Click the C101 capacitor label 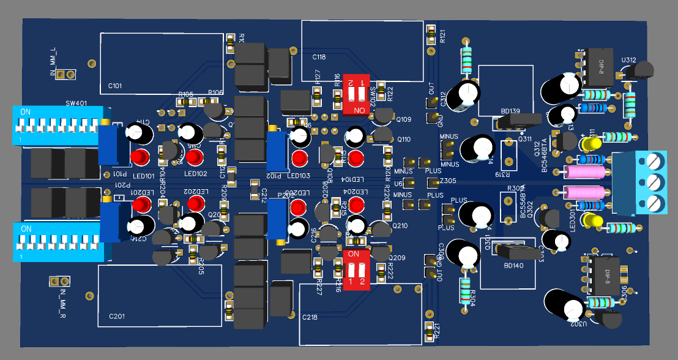pos(115,86)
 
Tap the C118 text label pos(318,57)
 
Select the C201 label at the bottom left pos(116,316)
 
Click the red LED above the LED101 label pos(140,157)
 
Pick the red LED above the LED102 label pos(195,157)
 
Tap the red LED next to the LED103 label pos(299,159)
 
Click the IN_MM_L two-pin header pos(65,74)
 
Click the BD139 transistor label pos(510,111)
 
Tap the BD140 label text pos(510,266)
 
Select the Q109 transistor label pos(404,119)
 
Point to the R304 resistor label pos(471,296)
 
